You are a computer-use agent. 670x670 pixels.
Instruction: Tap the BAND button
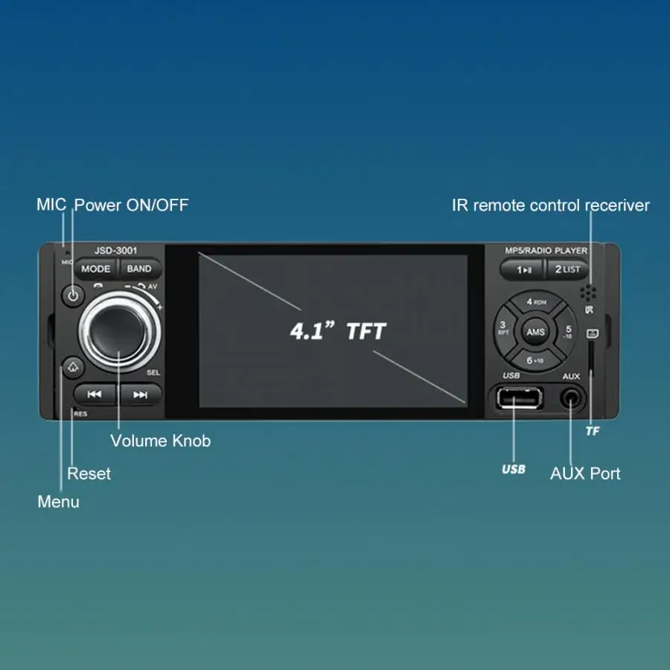pyautogui.click(x=139, y=269)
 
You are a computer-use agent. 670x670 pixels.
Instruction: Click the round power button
pyautogui.click(x=72, y=296)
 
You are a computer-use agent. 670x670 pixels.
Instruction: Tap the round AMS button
pyautogui.click(x=535, y=332)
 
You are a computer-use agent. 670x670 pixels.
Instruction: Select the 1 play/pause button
pyautogui.click(x=524, y=269)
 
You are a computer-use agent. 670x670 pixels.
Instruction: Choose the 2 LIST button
pyautogui.click(x=567, y=269)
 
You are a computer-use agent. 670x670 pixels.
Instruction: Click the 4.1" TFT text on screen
pyautogui.click(x=338, y=330)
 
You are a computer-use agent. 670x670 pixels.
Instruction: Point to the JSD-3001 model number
pyautogui.click(x=115, y=251)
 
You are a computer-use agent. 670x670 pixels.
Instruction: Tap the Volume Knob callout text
pyautogui.click(x=160, y=441)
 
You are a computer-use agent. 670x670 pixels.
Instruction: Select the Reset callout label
pyautogui.click(x=89, y=473)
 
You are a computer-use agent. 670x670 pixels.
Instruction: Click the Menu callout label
pyautogui.click(x=58, y=502)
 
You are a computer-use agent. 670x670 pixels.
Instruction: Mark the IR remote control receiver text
pyautogui.click(x=551, y=205)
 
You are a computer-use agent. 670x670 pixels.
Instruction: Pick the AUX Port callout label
pyautogui.click(x=585, y=473)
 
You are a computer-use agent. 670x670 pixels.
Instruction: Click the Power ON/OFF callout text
pyautogui.click(x=131, y=205)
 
